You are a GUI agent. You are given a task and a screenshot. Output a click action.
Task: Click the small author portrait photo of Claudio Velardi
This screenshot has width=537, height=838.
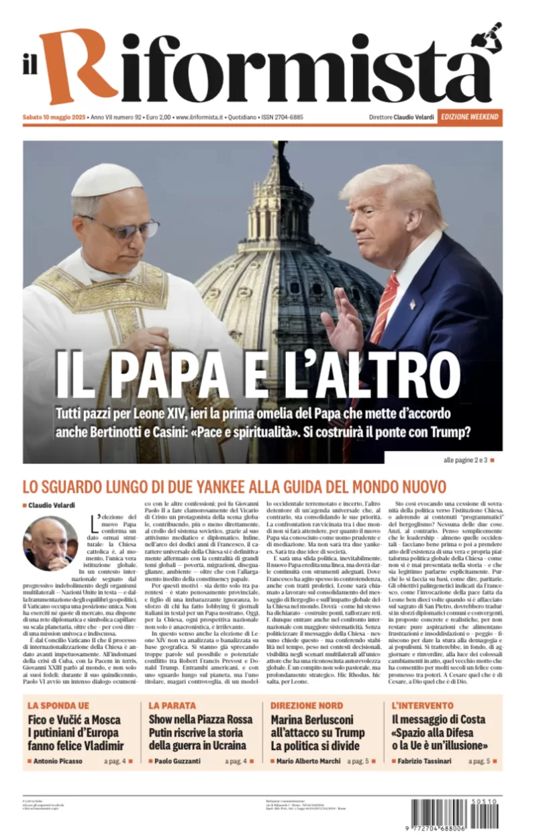(50, 543)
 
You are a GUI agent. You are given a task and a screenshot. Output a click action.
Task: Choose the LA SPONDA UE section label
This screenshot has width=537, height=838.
(58, 705)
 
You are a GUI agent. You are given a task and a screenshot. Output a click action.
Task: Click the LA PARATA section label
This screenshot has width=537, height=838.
(173, 705)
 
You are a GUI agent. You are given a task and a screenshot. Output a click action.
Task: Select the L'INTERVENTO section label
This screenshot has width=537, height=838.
(422, 705)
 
